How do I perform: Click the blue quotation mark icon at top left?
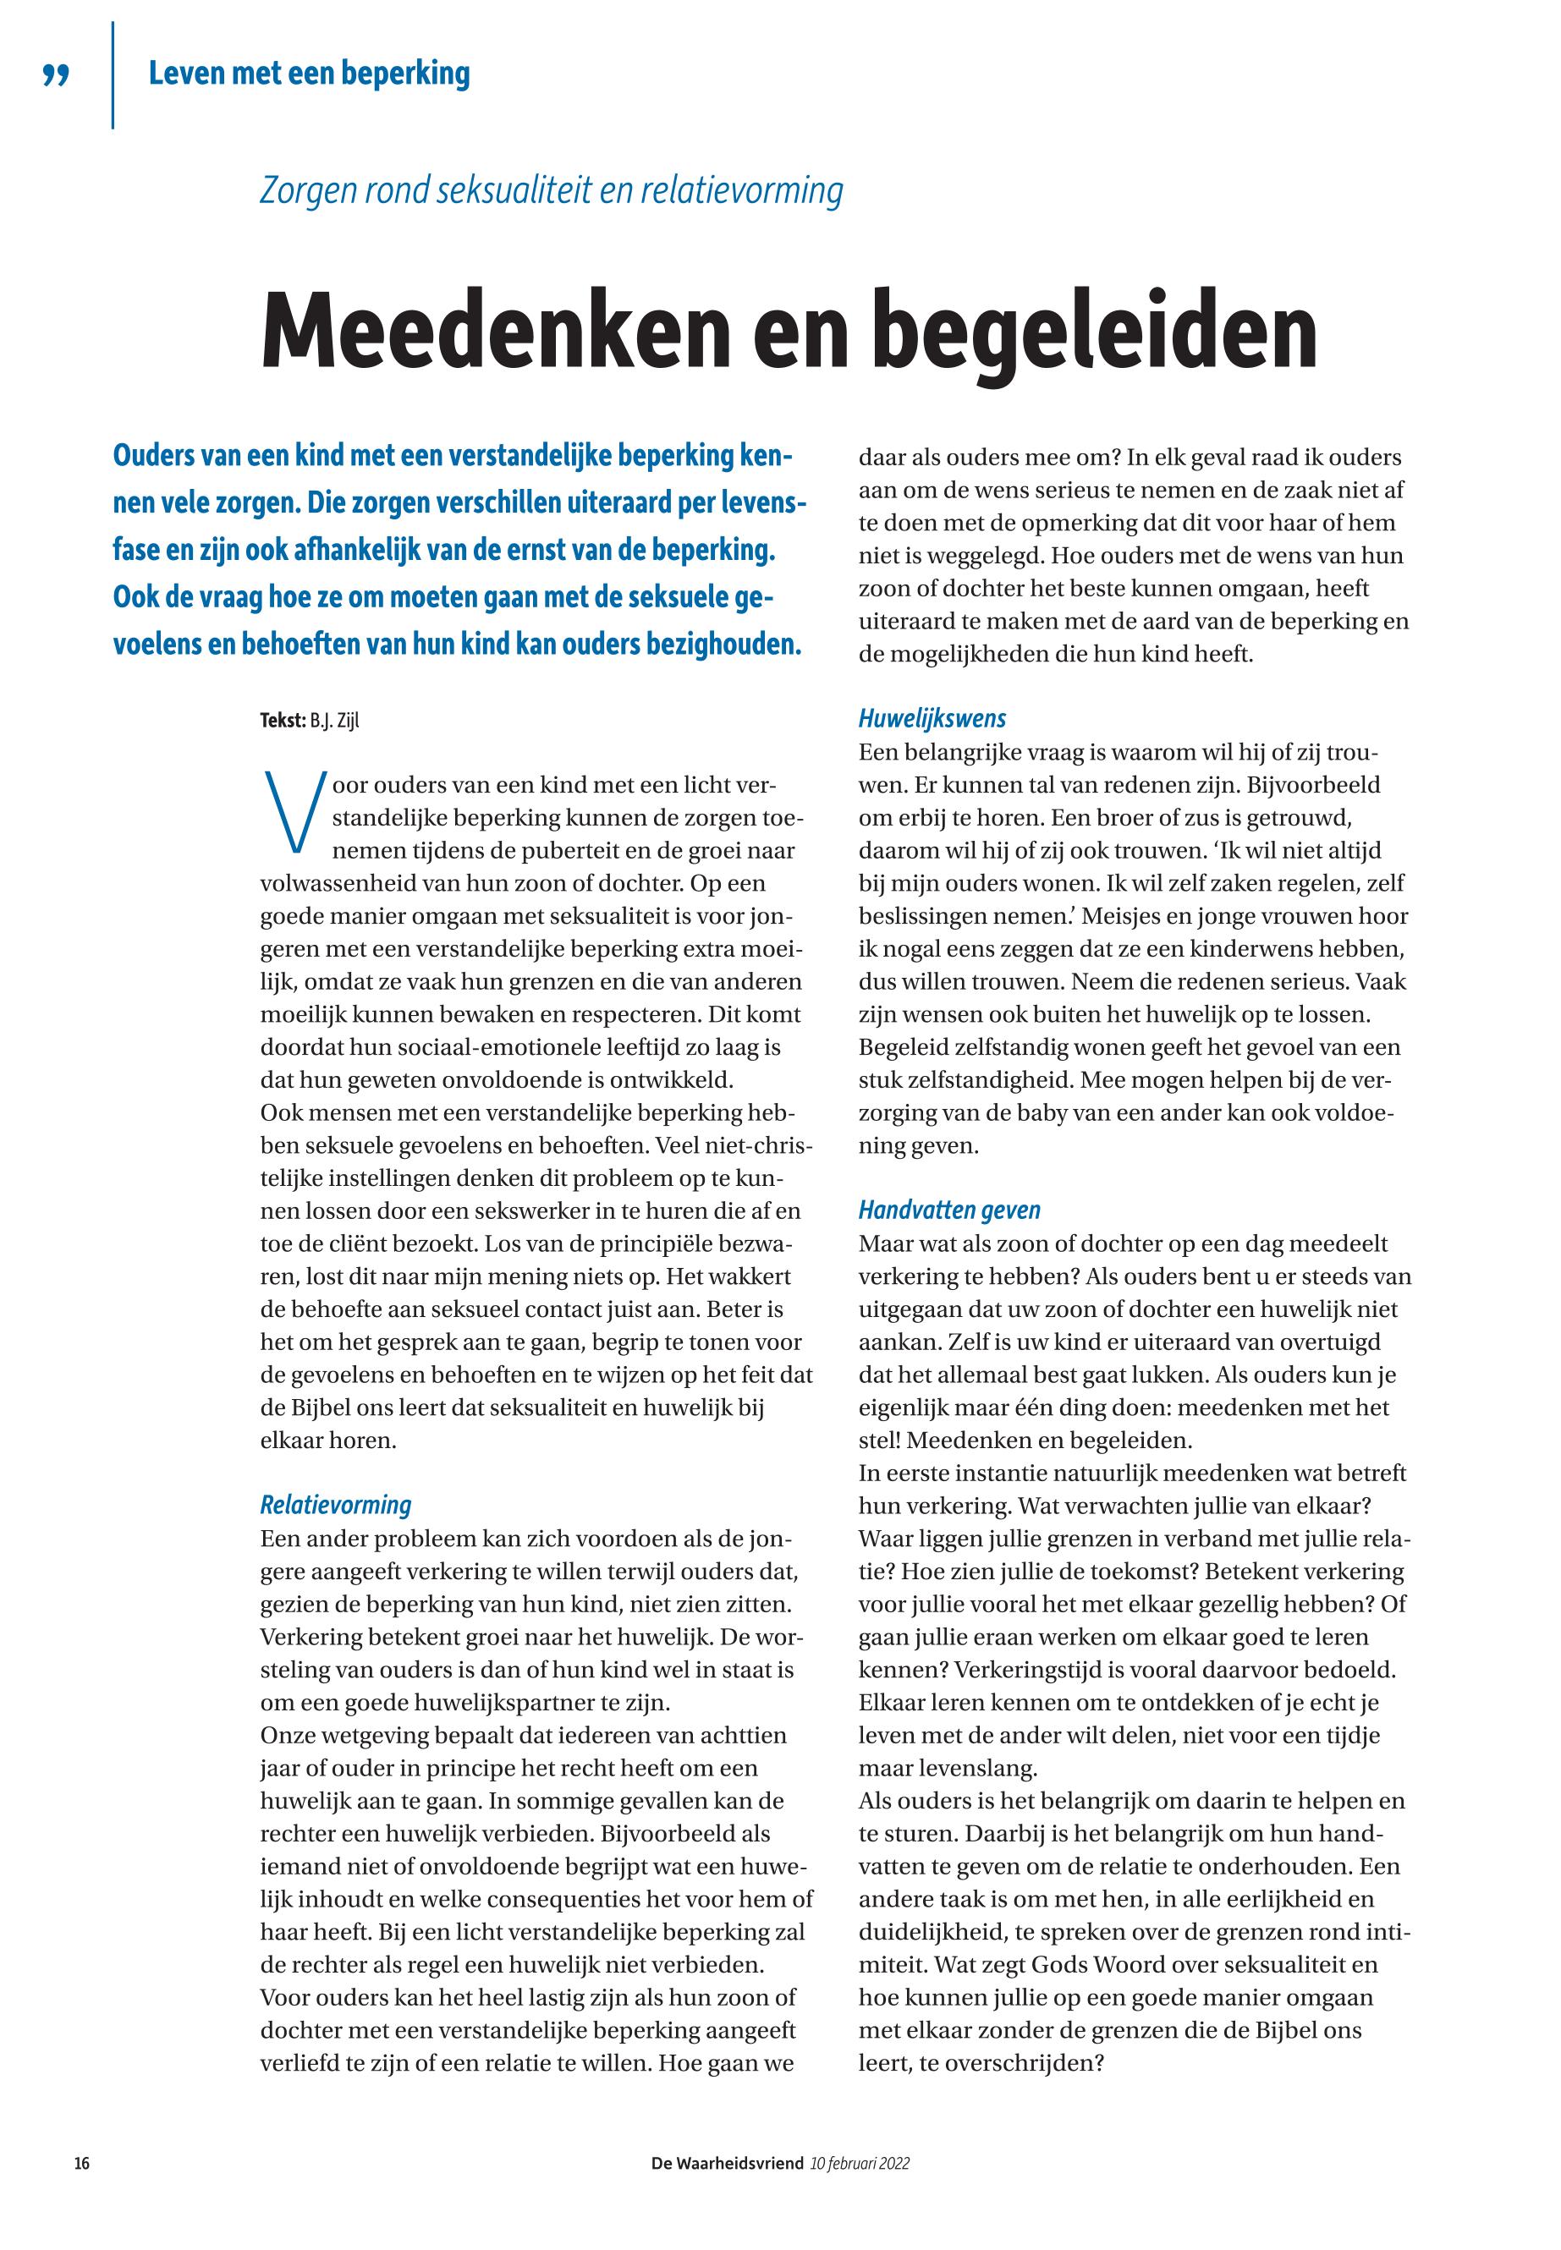tap(57, 76)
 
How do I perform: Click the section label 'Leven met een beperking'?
tap(309, 74)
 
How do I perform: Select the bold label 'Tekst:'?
tap(283, 722)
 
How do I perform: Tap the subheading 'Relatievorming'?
tap(336, 1505)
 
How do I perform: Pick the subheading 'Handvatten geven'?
tap(948, 1210)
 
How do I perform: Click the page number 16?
tap(82, 2164)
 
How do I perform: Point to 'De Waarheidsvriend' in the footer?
tap(728, 2164)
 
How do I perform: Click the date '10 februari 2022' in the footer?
tap(860, 2164)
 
